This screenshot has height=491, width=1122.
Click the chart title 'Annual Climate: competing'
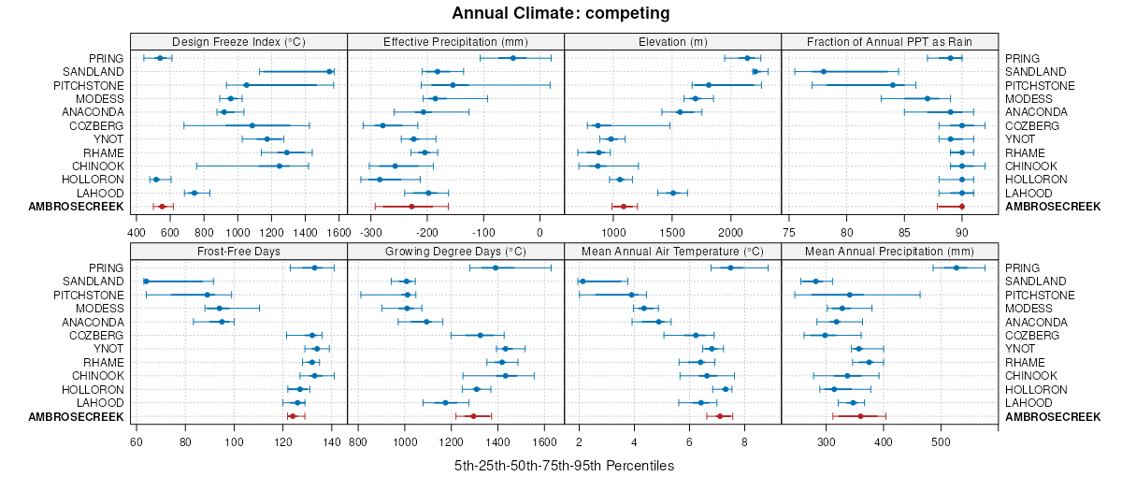[560, 13]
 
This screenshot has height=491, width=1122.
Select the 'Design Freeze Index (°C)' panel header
[238, 41]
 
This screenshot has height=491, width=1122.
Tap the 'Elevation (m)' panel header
[672, 41]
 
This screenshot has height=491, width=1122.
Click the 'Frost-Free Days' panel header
[238, 251]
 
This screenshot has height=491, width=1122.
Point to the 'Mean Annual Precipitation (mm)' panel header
[889, 251]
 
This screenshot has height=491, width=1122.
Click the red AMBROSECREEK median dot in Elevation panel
[624, 207]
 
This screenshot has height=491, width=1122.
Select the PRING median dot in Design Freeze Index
[160, 58]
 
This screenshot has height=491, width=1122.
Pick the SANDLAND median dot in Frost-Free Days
[146, 282]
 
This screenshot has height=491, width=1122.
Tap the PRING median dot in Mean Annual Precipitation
[957, 267]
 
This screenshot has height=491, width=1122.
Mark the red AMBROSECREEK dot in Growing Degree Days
[473, 416]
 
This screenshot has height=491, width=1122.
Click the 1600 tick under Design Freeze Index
[339, 232]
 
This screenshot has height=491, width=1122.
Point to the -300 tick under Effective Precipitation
[370, 232]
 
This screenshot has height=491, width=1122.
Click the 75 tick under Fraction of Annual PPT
[788, 232]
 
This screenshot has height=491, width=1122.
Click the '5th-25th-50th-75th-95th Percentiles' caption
[564, 466]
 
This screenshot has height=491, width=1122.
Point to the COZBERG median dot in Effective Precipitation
[381, 125]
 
